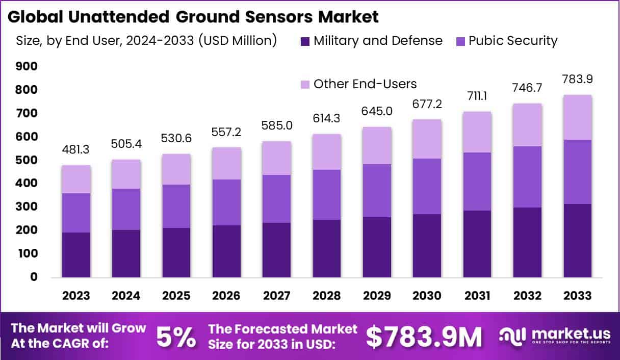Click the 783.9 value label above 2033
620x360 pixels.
click(577, 80)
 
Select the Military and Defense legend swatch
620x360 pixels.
click(305, 41)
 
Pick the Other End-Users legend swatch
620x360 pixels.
click(305, 84)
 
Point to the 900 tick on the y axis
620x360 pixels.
click(27, 66)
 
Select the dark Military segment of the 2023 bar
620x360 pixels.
click(76, 254)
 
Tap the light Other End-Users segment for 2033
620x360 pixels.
click(577, 117)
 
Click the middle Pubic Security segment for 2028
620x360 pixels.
click(327, 195)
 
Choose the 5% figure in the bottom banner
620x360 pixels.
click(175, 337)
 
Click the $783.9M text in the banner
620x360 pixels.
click(424, 337)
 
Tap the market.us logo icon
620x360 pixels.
click(512, 335)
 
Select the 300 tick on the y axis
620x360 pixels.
click(27, 207)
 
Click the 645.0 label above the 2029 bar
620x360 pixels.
click(377, 111)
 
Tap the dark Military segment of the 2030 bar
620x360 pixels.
click(427, 245)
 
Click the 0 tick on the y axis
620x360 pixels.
click(34, 277)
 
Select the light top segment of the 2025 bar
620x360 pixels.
click(176, 169)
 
